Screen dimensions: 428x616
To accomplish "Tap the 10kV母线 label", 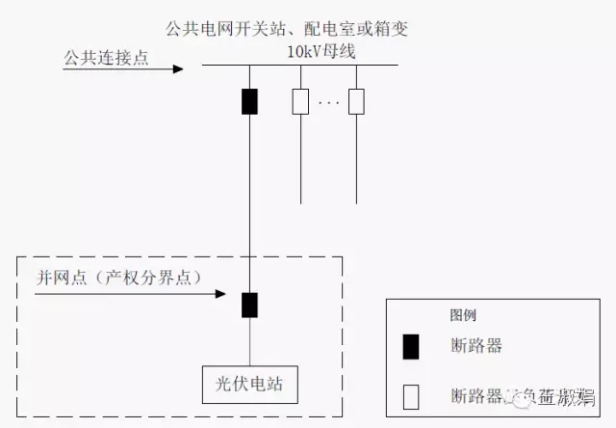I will (x=322, y=50).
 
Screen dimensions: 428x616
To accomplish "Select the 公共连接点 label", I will (x=106, y=58).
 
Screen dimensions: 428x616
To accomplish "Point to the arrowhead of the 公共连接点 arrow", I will (x=178, y=69).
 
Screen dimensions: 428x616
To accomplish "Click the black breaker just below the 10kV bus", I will (x=249, y=101).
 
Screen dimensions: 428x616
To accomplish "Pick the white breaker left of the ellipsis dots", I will (x=300, y=101).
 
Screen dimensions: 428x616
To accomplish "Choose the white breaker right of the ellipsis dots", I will (x=357, y=101).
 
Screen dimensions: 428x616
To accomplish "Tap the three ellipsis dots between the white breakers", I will (x=328, y=102).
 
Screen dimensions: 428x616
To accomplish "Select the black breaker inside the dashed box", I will (x=249, y=305).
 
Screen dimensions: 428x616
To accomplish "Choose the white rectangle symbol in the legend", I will (x=411, y=394).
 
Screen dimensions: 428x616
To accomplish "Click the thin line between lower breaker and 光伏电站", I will (x=249, y=341).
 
